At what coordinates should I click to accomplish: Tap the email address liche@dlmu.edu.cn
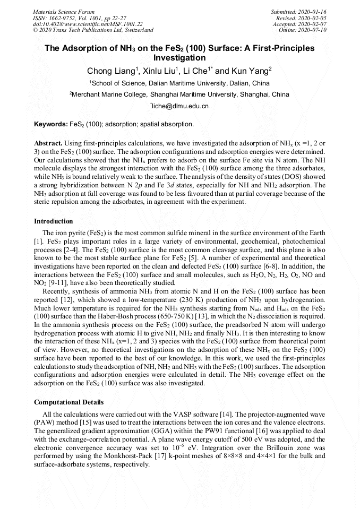[x=180, y=106]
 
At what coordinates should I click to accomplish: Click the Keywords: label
[x=51, y=124]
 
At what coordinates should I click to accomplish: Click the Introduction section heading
[x=54, y=221]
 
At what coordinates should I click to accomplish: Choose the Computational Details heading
[x=68, y=402]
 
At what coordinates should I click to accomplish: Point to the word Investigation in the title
[x=179, y=58]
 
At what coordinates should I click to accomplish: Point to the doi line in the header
[x=88, y=24]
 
